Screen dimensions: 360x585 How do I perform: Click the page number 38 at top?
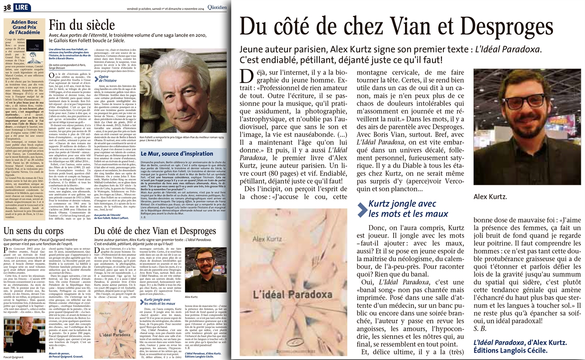[x=7, y=8]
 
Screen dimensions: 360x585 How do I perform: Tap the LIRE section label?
[x=22, y=8]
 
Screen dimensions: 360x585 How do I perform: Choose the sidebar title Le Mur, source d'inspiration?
[x=176, y=154]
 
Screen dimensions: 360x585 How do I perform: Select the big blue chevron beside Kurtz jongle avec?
[x=362, y=209]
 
